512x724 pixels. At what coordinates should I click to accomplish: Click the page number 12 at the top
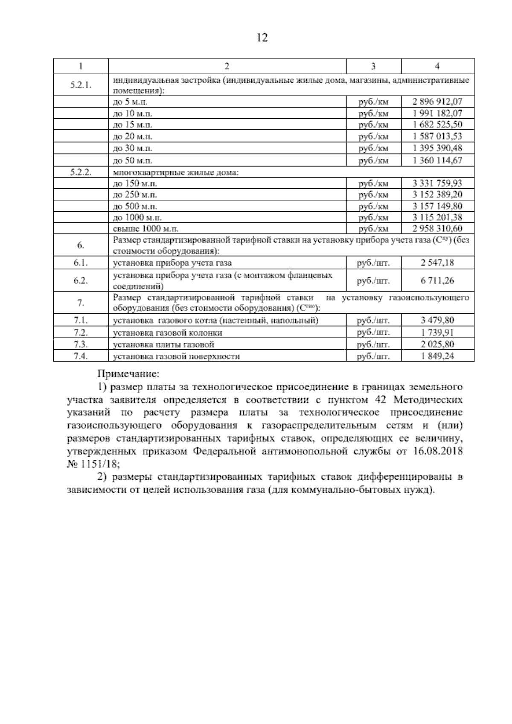point(262,38)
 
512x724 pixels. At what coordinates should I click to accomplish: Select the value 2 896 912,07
point(437,102)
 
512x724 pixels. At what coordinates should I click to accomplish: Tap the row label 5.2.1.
point(81,85)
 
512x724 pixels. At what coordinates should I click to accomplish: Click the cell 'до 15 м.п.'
point(132,125)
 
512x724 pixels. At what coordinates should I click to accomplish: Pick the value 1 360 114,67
point(437,161)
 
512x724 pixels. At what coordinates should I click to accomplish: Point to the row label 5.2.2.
point(81,172)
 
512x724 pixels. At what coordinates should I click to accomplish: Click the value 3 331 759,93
point(437,184)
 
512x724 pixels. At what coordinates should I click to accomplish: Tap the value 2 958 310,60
point(437,229)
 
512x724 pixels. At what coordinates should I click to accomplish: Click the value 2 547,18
point(437,263)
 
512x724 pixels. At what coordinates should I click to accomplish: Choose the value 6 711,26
point(437,280)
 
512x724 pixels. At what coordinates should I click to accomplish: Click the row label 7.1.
point(81,320)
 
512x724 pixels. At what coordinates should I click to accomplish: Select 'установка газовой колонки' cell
point(167,333)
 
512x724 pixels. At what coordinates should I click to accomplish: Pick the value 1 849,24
point(437,356)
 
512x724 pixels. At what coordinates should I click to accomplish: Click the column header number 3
point(373,66)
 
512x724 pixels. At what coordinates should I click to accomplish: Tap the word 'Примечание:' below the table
point(128,374)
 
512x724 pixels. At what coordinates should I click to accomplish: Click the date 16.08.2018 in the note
point(438,451)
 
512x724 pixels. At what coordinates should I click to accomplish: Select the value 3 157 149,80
point(437,206)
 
